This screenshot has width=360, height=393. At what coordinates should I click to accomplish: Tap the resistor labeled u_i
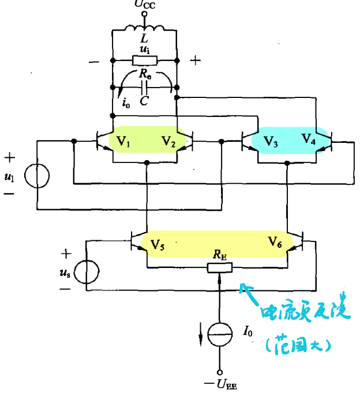(143, 60)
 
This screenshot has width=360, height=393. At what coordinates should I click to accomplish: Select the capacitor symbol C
(144, 88)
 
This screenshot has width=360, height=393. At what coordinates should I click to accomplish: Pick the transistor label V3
(270, 140)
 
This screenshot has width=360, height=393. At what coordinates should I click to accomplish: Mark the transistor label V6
(275, 243)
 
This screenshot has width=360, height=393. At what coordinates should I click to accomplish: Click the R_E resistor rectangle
(220, 267)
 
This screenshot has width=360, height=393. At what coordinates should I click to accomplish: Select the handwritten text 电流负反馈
(305, 312)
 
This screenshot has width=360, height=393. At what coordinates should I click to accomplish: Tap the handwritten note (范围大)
(299, 345)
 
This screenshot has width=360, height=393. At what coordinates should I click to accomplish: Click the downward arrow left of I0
(201, 334)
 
